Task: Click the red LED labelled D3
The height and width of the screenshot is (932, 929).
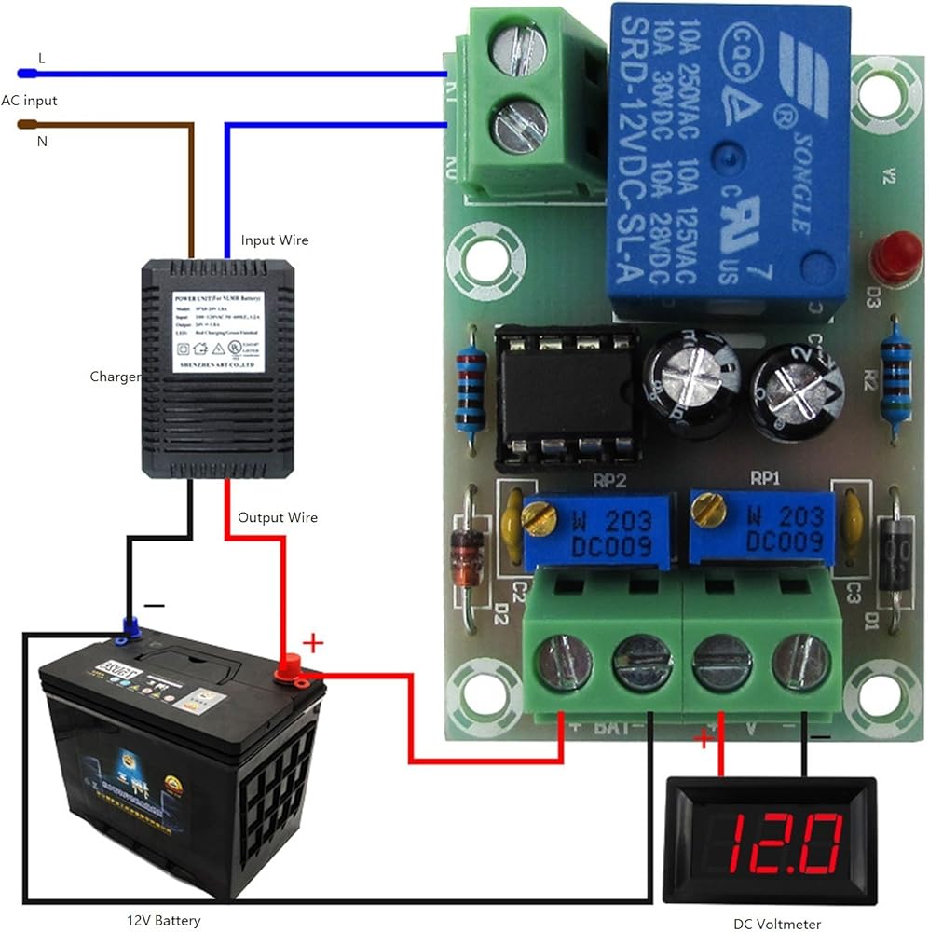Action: click(895, 256)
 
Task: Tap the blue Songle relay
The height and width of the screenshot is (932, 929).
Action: click(726, 158)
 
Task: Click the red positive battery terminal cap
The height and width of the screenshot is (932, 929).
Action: click(289, 666)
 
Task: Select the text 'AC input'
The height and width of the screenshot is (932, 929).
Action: click(29, 100)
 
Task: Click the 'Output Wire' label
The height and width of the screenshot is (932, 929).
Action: click(278, 517)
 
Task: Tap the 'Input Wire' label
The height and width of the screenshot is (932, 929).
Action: click(275, 240)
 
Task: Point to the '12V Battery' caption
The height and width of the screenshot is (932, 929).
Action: click(164, 921)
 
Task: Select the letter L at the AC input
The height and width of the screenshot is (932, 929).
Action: click(40, 58)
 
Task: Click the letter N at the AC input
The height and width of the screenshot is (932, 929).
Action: click(41, 142)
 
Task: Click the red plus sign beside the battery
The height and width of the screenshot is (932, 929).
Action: click(314, 642)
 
